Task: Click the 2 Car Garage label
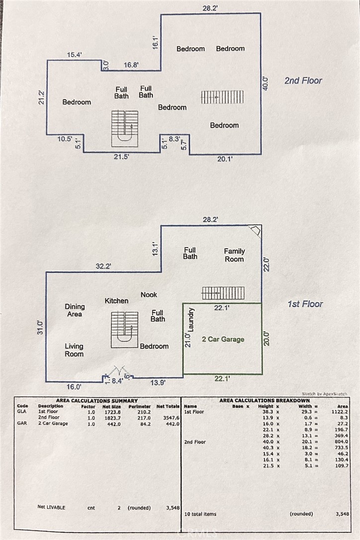click(223, 339)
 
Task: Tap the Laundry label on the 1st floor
click(191, 320)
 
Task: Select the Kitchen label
click(116, 301)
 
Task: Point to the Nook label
click(149, 294)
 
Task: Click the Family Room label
click(234, 255)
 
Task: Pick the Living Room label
click(74, 350)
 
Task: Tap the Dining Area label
click(75, 310)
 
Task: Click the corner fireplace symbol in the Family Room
click(255, 231)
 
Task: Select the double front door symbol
click(119, 372)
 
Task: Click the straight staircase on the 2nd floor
click(222, 97)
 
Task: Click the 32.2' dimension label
click(103, 266)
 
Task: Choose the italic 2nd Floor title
click(303, 81)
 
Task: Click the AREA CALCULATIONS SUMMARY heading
click(97, 400)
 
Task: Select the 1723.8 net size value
click(111, 412)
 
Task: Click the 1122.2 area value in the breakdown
click(336, 412)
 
